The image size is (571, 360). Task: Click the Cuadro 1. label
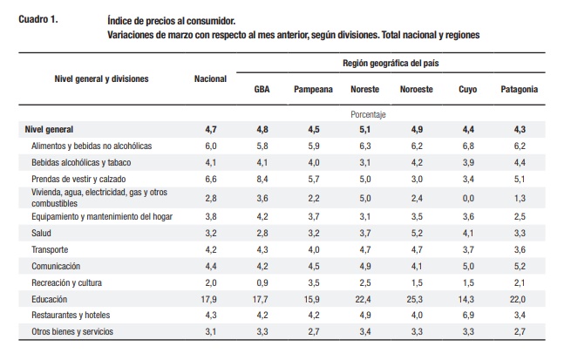point(37,19)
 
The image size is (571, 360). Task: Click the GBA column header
point(262,89)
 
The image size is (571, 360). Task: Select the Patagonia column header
point(519,89)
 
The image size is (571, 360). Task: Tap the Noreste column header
point(365,89)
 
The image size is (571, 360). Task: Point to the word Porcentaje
point(368,115)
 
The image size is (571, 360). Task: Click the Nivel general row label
point(49,130)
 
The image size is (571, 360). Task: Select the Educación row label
point(49,299)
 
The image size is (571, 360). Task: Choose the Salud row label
point(41,233)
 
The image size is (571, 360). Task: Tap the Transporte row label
point(50,249)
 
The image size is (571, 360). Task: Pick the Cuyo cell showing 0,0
point(468,199)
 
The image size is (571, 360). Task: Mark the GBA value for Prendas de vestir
point(262,179)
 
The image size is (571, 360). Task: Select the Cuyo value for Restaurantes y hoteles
point(468,315)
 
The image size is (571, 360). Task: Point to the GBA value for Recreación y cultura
point(262,282)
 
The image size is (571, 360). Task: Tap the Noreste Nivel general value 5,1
point(365,130)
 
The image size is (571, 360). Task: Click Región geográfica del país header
point(391,64)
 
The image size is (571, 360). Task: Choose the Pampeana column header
point(313,89)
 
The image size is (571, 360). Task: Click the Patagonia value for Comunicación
point(520,266)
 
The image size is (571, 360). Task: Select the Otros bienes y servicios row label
point(72,331)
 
